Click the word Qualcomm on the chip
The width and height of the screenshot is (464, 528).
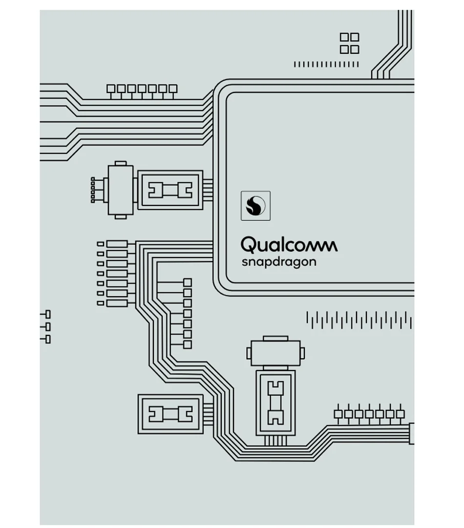tap(289, 245)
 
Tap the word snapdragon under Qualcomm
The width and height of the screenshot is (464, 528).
tap(278, 262)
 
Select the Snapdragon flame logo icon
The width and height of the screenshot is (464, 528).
tap(255, 205)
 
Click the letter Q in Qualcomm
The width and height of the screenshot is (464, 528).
tap(248, 244)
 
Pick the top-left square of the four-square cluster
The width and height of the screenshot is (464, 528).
tap(344, 37)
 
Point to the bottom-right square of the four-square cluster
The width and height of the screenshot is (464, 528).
tap(355, 49)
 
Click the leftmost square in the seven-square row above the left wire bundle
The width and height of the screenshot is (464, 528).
tap(111, 88)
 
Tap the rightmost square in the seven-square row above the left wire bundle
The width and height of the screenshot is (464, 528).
tap(173, 88)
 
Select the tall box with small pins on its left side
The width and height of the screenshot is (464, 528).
tap(120, 190)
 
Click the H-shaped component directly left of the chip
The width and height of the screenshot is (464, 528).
tap(170, 190)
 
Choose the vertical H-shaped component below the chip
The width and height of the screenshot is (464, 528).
tap(275, 402)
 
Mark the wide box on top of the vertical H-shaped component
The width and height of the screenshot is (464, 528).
tap(275, 352)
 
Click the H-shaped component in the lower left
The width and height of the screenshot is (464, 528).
tap(170, 414)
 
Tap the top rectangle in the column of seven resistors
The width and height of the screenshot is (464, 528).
tap(117, 244)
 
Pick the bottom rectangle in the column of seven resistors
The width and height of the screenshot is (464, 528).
tap(117, 303)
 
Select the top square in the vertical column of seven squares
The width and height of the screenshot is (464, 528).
tap(188, 283)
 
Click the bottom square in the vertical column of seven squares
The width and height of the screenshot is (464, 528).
tap(188, 345)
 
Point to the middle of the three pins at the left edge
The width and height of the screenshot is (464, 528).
tap(47, 327)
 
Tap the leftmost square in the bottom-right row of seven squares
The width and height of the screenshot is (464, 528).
tap(338, 414)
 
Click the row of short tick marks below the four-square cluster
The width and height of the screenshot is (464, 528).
tap(326, 64)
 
